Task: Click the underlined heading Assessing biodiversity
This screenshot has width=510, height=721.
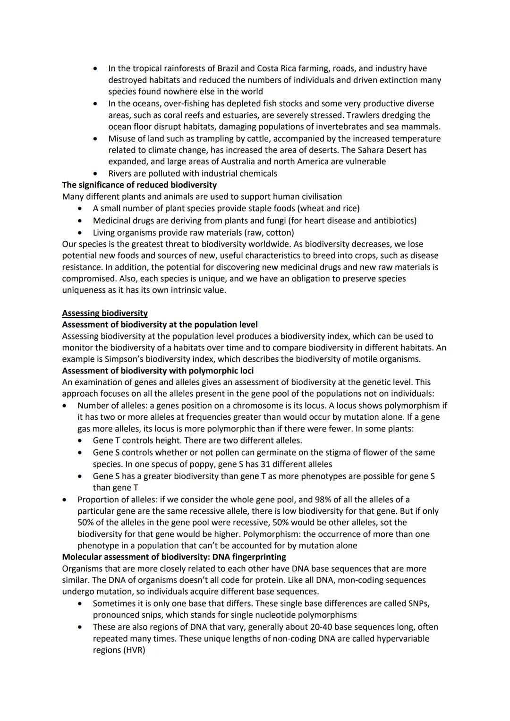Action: [105, 313]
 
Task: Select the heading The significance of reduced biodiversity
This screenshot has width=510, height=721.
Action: [139, 185]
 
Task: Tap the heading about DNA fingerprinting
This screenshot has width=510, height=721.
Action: [174, 557]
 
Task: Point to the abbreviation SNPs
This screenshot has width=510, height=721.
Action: [418, 603]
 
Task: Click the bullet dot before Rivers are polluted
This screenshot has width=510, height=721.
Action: [96, 174]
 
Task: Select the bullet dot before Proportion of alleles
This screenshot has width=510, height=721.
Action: [65, 500]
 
